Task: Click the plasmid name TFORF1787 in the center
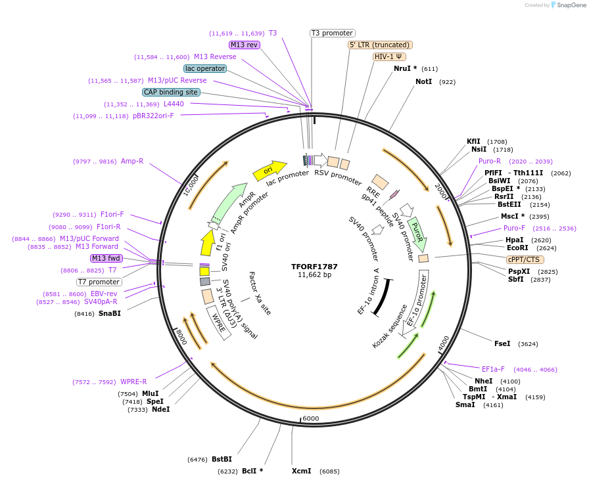pyautogui.click(x=314, y=267)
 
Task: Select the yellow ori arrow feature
pyautogui.click(x=270, y=170)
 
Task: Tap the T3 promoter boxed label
pyautogui.click(x=332, y=33)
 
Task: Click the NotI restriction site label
pyautogui.click(x=424, y=81)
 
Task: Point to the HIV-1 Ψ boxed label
pyautogui.click(x=389, y=56)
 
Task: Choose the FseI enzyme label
pyautogui.click(x=502, y=343)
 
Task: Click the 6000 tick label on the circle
pyautogui.click(x=310, y=418)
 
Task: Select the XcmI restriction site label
pyautogui.click(x=302, y=471)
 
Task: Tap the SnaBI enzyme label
pyautogui.click(x=110, y=313)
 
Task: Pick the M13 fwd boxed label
pyautogui.click(x=106, y=258)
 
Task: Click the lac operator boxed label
pyautogui.click(x=205, y=68)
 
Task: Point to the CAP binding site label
pyautogui.click(x=171, y=93)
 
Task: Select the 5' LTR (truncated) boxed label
pyautogui.click(x=380, y=45)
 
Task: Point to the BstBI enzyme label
pyautogui.click(x=222, y=459)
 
